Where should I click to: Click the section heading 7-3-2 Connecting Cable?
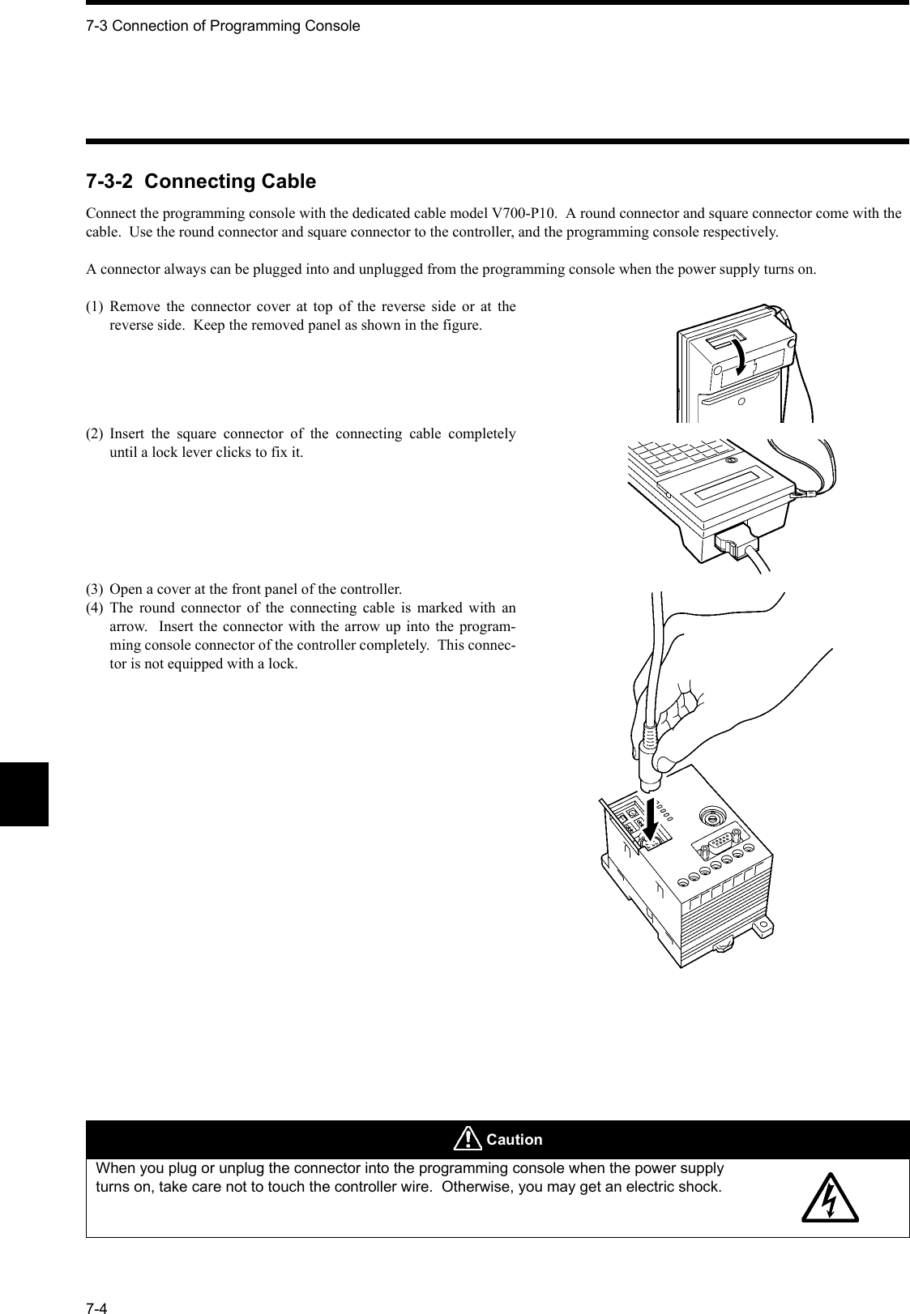click(x=201, y=181)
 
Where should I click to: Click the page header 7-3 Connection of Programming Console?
click(x=223, y=26)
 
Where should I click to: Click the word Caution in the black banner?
click(x=515, y=1140)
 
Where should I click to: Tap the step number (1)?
click(x=96, y=306)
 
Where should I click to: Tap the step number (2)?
click(x=96, y=433)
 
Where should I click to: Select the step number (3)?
click(x=96, y=588)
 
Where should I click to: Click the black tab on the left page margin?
click(x=24, y=794)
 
